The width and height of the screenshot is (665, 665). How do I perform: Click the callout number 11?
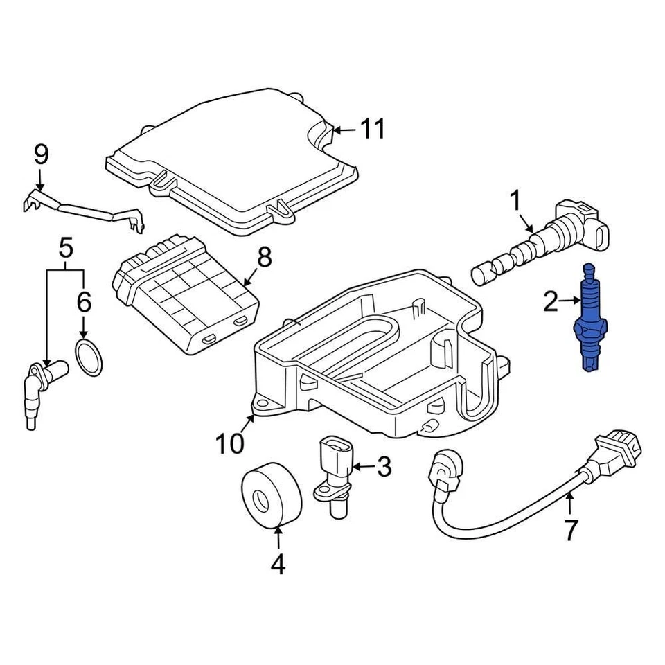click(372, 129)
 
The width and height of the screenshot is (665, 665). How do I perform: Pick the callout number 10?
click(229, 443)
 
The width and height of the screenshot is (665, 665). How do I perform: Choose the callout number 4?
click(277, 565)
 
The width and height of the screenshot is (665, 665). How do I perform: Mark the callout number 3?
click(383, 467)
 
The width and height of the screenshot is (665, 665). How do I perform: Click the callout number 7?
click(569, 530)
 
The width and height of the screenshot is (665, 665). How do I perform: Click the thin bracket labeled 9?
click(83, 209)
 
